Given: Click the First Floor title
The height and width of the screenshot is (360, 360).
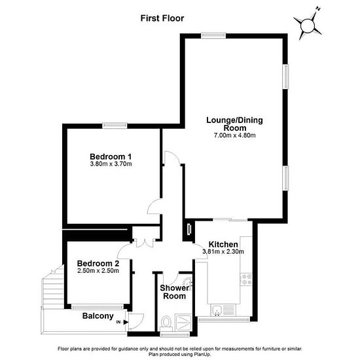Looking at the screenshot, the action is coord(162,18).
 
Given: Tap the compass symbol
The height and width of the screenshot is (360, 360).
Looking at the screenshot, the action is coord(308,25).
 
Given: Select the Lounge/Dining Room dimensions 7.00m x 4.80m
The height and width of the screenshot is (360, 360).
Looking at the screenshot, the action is coord(234,135).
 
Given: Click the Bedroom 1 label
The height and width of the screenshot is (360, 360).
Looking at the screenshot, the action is coord(111,156).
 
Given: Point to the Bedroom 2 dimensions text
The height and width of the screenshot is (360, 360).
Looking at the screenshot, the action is coord(98,271).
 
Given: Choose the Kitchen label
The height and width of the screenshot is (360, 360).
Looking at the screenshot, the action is coord(223,244).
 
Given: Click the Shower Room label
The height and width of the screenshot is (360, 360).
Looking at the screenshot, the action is coord(175,292).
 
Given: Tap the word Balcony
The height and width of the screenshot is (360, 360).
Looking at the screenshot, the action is coord(98,316).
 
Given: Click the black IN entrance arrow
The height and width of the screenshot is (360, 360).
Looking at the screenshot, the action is coord(126,322).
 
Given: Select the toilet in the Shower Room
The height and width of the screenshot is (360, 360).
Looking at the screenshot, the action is coord(166,322).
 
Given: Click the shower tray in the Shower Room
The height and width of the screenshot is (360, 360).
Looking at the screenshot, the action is coord(183,322).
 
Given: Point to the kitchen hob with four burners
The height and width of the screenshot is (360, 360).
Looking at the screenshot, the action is coord(246,279).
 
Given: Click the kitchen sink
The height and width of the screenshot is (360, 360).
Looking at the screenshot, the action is coord(217,311).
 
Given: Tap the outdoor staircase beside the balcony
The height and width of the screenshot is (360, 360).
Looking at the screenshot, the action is coord(53,287).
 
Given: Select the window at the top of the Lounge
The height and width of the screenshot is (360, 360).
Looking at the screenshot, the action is coord(213,35).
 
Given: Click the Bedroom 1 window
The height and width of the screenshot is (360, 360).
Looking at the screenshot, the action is coord(115,126).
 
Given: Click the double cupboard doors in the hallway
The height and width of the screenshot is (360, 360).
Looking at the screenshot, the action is coord(145,243).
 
